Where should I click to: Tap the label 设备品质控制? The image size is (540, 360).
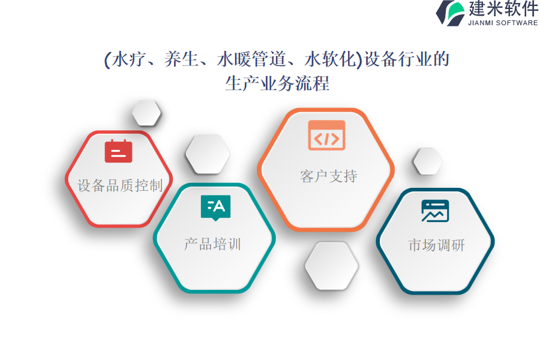[120, 185]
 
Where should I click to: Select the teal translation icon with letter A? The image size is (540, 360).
[215, 208]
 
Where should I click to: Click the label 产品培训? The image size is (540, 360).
[212, 244]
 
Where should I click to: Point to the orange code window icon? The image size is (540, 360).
[326, 135]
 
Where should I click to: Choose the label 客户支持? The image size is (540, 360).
[329, 176]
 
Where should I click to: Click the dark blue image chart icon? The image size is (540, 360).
[435, 211]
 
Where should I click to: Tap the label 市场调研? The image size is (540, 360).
[436, 245]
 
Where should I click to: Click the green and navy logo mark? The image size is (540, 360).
[451, 13]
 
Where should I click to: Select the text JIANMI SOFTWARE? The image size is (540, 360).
[503, 23]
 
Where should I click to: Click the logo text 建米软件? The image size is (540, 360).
[503, 8]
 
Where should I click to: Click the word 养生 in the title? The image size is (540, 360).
[181, 59]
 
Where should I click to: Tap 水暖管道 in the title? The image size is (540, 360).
[251, 59]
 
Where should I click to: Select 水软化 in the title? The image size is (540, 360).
[330, 59]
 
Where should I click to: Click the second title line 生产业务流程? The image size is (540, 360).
[277, 83]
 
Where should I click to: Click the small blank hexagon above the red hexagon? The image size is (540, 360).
[146, 113]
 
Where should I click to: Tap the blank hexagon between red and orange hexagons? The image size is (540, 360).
[208, 154]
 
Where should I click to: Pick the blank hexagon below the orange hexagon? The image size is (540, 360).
[332, 266]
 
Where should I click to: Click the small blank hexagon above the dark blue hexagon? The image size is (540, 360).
[428, 161]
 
